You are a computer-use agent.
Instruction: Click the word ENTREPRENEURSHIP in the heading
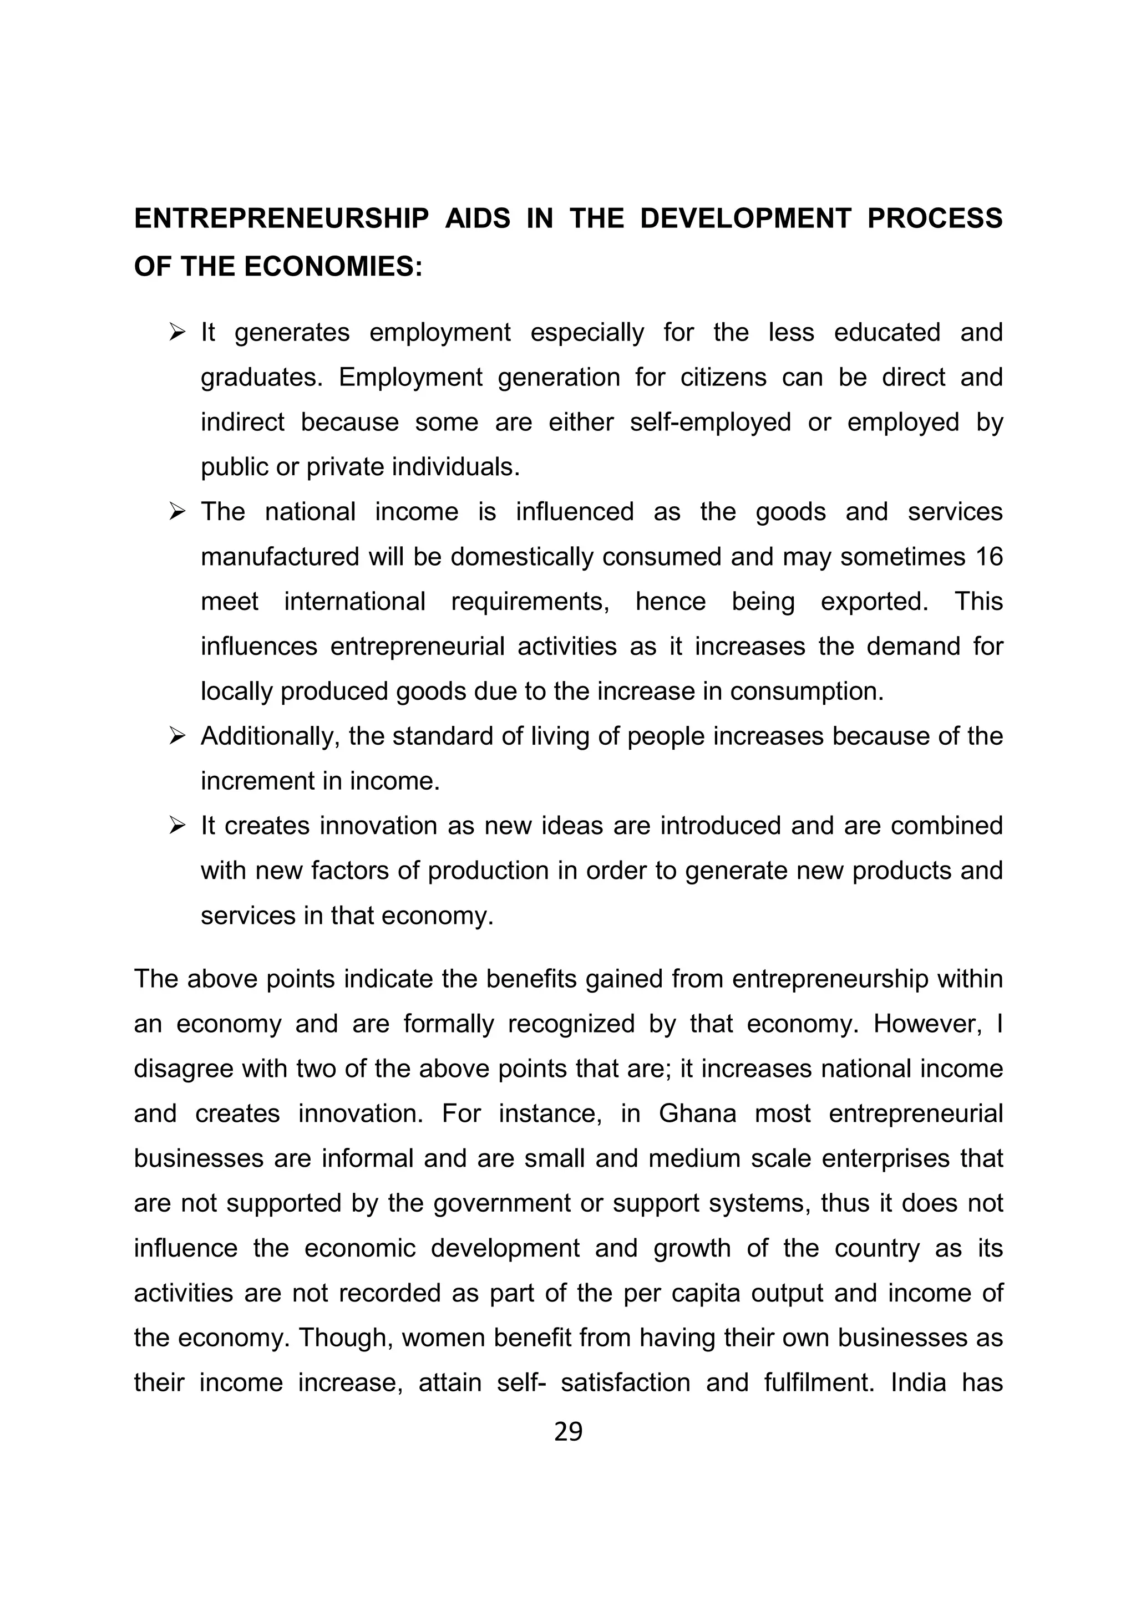tap(281, 219)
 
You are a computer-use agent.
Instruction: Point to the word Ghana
tap(697, 1113)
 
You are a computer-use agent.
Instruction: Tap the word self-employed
tap(711, 422)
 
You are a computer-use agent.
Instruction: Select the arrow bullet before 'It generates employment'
tap(176, 332)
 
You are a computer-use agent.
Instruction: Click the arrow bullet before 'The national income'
tap(176, 512)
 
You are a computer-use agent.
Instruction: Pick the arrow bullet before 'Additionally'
tap(176, 736)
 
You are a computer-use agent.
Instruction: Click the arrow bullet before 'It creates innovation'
tap(176, 826)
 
